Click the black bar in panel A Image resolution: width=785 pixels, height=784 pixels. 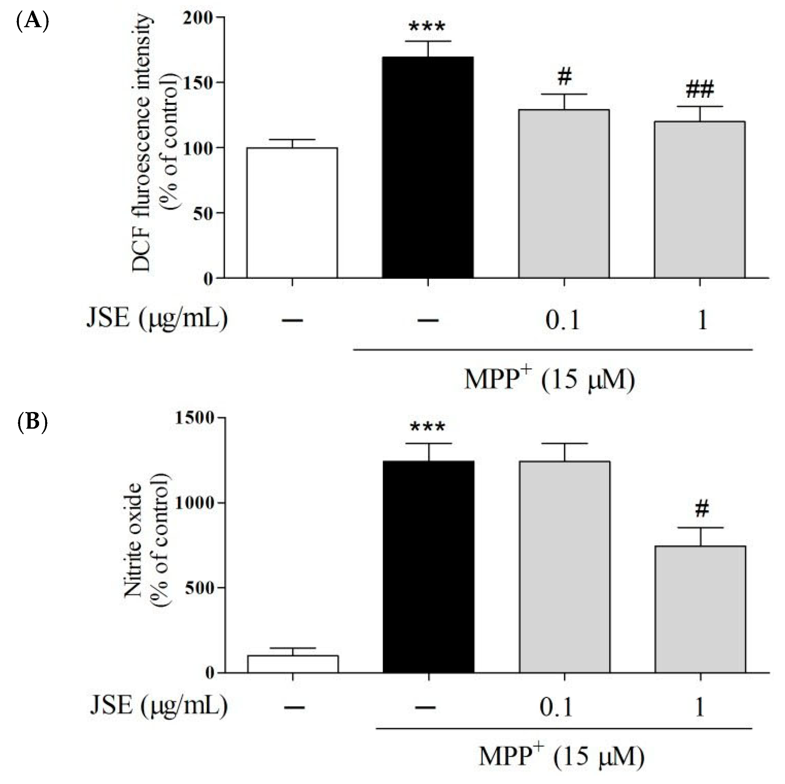[x=428, y=167]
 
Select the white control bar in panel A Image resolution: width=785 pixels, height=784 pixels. [x=292, y=213]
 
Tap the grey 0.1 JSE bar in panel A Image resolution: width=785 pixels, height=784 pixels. [x=563, y=194]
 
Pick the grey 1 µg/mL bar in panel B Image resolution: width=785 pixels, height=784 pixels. [x=700, y=609]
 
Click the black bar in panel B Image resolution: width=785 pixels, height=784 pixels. [x=429, y=567]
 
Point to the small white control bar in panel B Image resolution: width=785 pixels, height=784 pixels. [x=293, y=664]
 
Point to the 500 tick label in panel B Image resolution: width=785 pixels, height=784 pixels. [x=198, y=587]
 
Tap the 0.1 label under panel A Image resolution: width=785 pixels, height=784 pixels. [x=562, y=320]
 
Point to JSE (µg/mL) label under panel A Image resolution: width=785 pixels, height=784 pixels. [x=157, y=319]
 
